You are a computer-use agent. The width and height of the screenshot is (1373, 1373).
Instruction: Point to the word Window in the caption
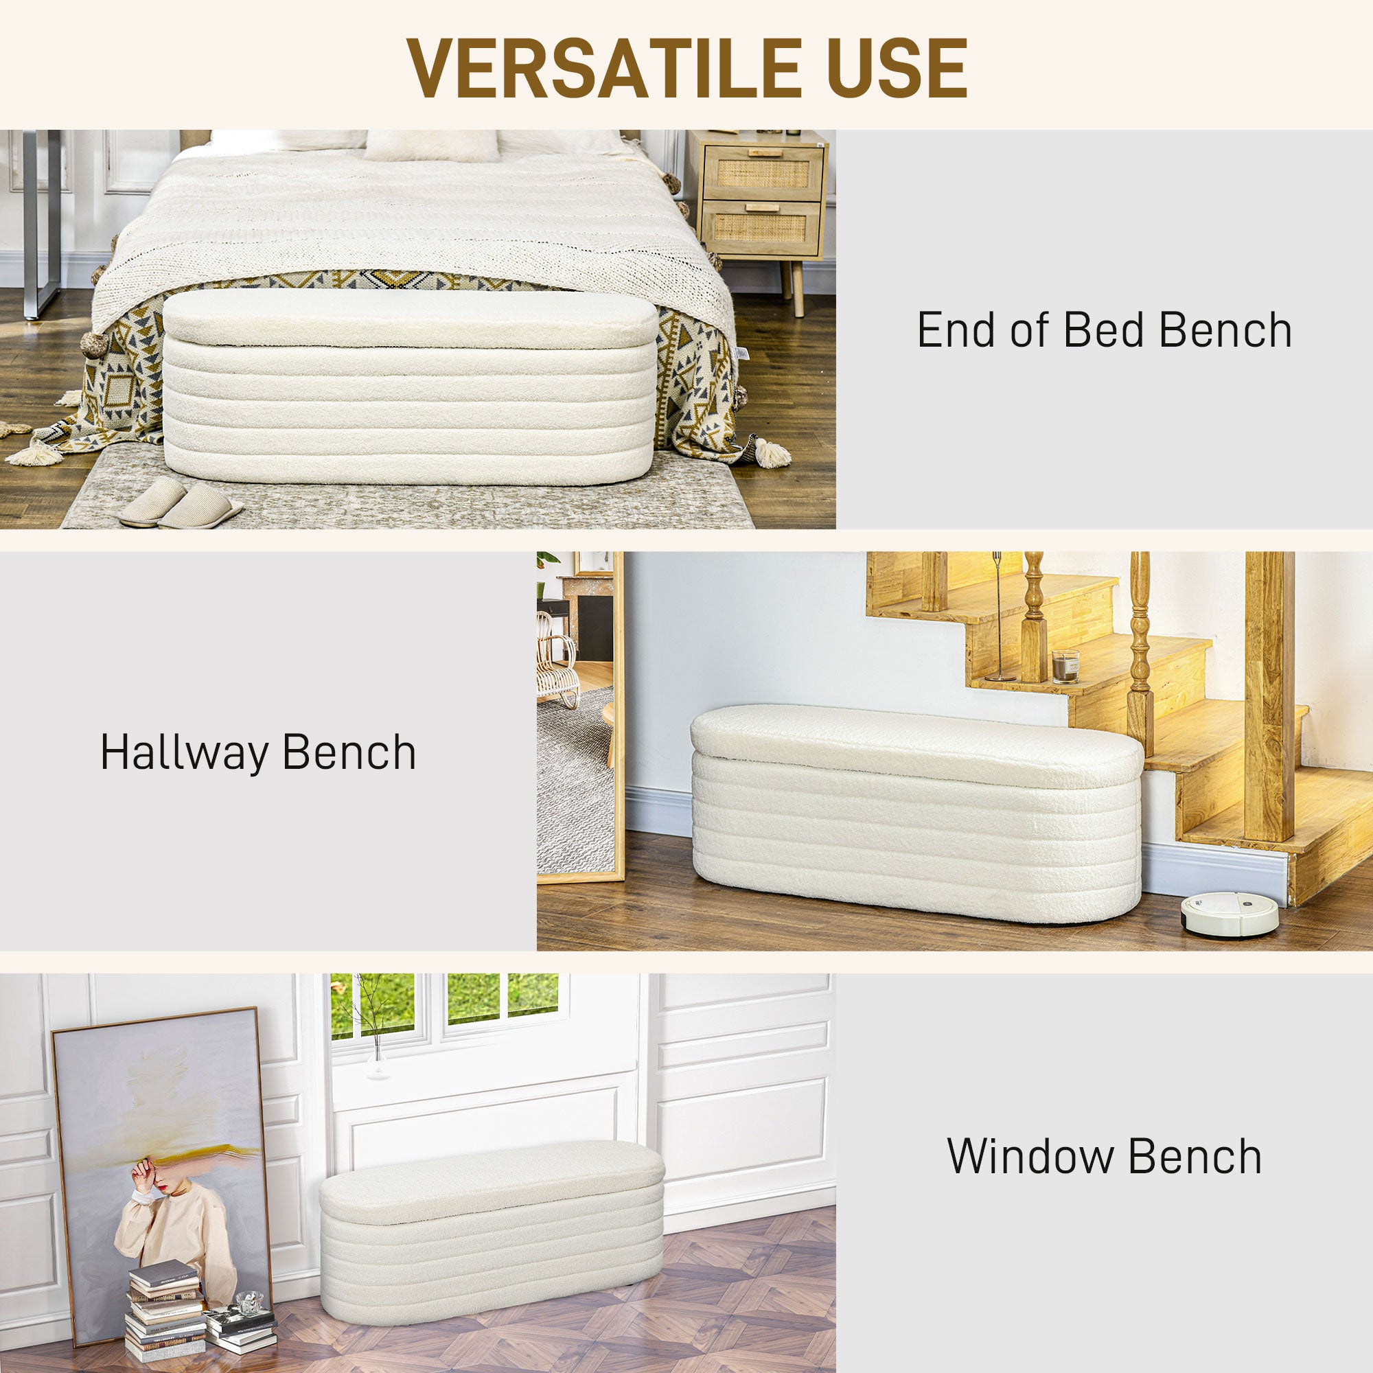[x=1033, y=1156]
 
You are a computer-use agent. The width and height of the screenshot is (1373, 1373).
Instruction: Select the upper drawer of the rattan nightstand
[x=763, y=173]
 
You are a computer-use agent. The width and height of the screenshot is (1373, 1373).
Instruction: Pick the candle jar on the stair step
[x=1065, y=666]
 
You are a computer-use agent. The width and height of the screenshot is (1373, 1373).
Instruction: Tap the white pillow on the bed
[x=431, y=146]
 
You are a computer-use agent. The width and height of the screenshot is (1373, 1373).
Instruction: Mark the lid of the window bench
[x=492, y=1176]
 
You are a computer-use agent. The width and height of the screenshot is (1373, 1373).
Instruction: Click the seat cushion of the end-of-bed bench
[x=411, y=319]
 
